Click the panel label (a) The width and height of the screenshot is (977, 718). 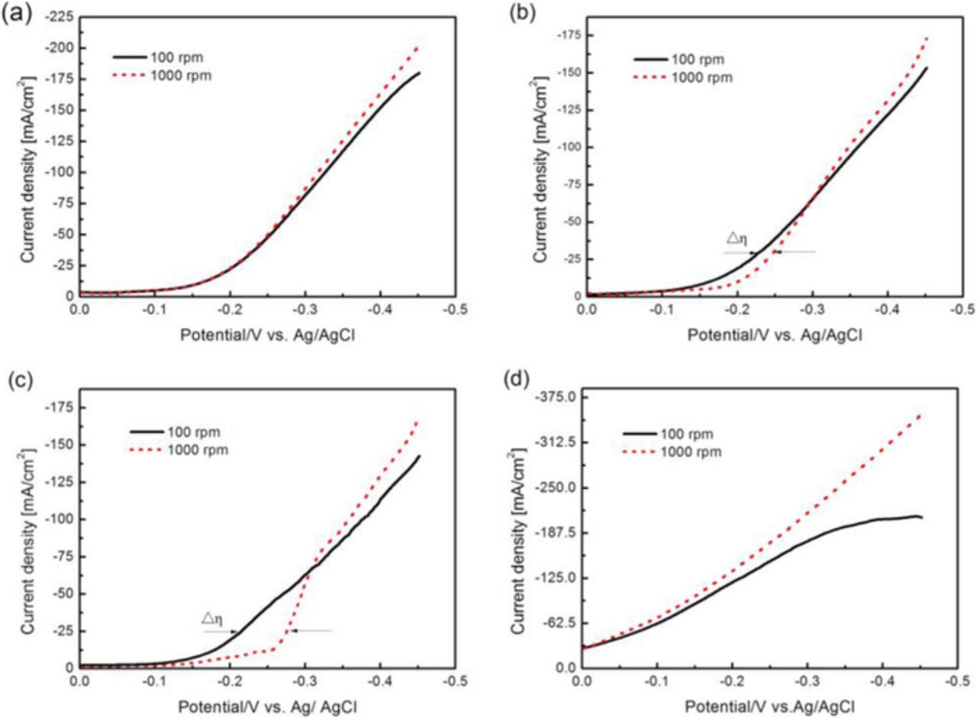15,13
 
